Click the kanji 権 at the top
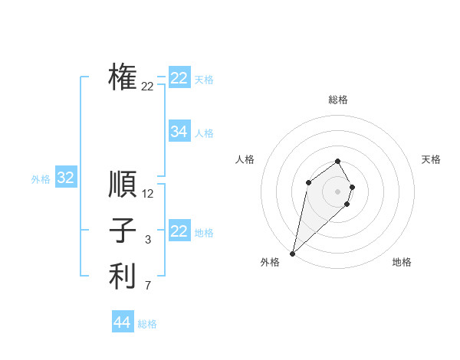[123, 77]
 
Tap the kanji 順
[123, 185]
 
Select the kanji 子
[123, 231]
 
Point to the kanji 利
[123, 277]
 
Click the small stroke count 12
[148, 194]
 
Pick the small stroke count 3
[148, 240]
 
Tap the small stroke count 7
[148, 286]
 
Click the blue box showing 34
[179, 132]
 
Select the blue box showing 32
[66, 178]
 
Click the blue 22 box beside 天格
[179, 78]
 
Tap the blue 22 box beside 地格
[179, 231]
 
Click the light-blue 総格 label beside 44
[147, 324]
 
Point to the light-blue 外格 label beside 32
[41, 179]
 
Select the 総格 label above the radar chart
[338, 100]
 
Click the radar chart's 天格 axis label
[432, 159]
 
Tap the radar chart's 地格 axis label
[402, 262]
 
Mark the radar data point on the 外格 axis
[293, 253]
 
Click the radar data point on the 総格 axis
[338, 162]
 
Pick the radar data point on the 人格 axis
[308, 182]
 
